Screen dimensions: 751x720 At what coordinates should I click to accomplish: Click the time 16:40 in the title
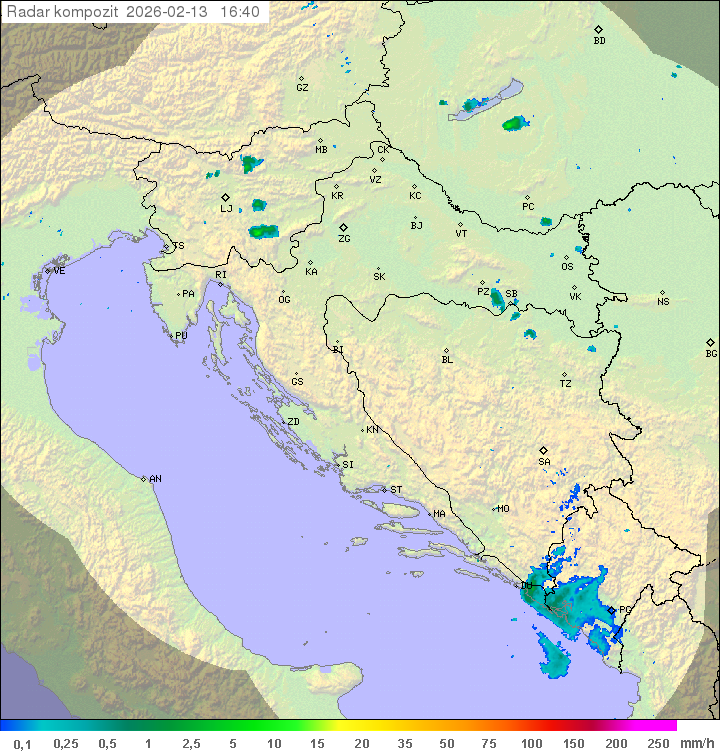(x=240, y=12)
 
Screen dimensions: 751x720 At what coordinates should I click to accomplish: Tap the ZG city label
(x=344, y=239)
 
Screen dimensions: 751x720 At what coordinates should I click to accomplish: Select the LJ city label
(x=226, y=208)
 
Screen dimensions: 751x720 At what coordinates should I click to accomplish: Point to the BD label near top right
(x=599, y=41)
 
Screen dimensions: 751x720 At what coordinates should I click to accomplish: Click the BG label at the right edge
(x=711, y=353)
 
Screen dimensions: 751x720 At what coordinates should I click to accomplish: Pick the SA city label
(x=544, y=461)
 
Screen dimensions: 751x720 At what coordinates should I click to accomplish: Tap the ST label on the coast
(x=396, y=490)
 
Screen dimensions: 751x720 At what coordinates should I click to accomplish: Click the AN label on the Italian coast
(x=155, y=479)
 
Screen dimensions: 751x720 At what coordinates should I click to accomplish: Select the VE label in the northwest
(x=59, y=271)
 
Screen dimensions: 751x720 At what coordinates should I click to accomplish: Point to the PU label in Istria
(x=181, y=336)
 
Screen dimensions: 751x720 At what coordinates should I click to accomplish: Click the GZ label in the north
(x=302, y=88)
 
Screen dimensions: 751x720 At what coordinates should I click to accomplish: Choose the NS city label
(x=663, y=302)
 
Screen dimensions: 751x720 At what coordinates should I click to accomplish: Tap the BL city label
(x=447, y=359)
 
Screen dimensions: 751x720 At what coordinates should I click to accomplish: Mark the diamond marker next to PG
(x=611, y=610)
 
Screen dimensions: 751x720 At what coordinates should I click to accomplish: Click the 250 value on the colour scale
(x=657, y=743)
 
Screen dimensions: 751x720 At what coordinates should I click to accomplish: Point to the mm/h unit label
(x=695, y=743)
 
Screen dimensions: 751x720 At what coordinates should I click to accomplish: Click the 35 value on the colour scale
(x=405, y=743)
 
